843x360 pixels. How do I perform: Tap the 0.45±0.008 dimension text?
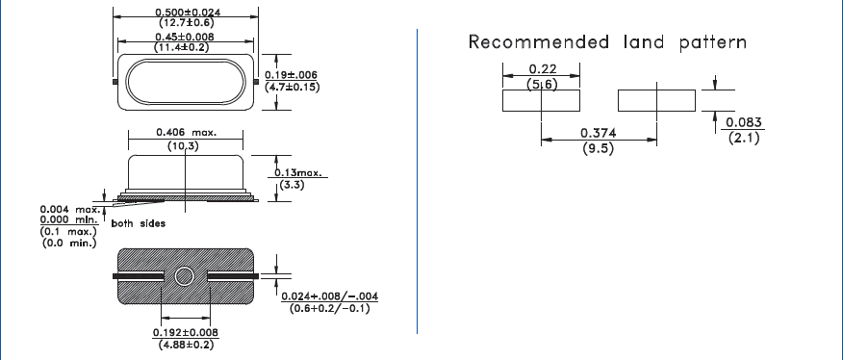tap(185, 37)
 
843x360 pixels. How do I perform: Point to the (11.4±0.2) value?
tap(185, 47)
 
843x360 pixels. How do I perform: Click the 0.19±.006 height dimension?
tap(293, 75)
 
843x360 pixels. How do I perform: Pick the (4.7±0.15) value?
tap(293, 88)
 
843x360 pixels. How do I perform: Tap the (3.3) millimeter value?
tap(291, 185)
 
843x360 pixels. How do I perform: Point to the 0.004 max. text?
tap(69, 209)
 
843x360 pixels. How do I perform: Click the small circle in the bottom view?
tap(186, 276)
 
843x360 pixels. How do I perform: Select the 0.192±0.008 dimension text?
tap(186, 332)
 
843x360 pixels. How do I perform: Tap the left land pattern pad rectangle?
tap(541, 100)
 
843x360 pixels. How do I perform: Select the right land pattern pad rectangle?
tap(655, 100)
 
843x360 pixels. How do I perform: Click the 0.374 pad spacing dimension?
tap(599, 134)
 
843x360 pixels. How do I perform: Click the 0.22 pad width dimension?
tap(540, 70)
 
